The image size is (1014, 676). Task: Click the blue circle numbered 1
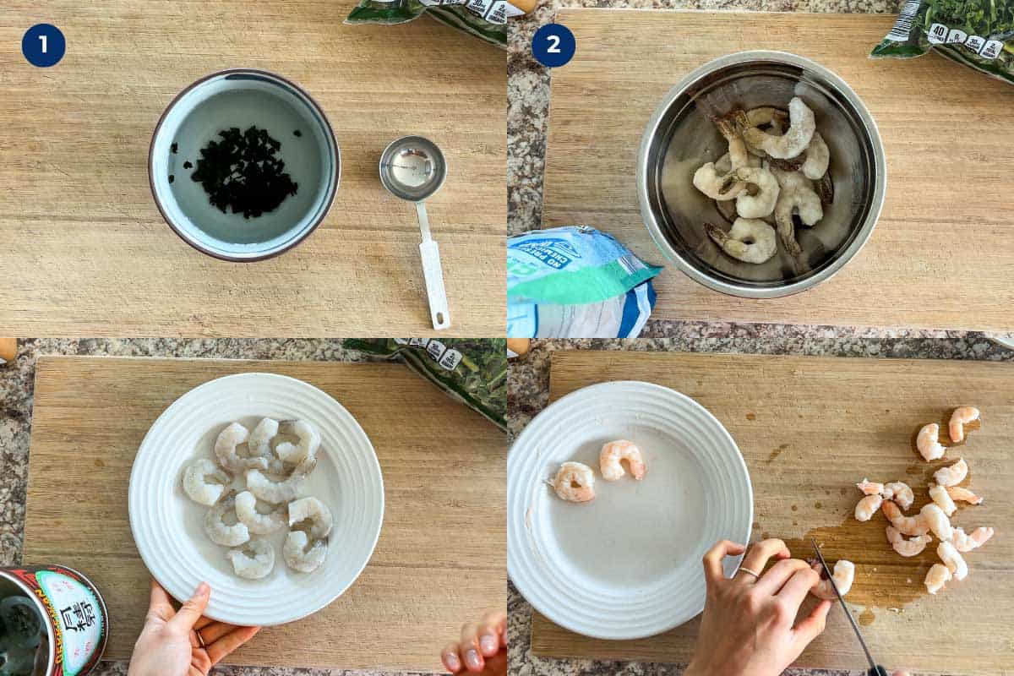(x=43, y=45)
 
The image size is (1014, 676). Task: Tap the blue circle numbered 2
(x=553, y=45)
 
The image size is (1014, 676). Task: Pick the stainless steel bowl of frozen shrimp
(x=760, y=173)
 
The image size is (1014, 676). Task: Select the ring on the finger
(x=749, y=572)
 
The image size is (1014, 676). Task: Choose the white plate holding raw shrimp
(x=255, y=499)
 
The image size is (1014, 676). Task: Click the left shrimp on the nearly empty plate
(x=575, y=482)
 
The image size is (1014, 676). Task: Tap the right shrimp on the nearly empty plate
(x=622, y=459)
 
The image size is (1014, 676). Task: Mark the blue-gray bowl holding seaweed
(x=245, y=165)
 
